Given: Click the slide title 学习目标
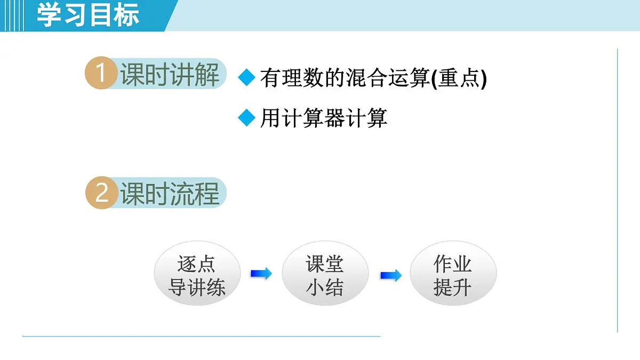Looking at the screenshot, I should tap(88, 15).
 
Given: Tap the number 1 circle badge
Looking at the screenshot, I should tap(101, 73).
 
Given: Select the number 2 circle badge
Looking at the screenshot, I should tap(101, 193).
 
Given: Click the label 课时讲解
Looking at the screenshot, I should tap(170, 74).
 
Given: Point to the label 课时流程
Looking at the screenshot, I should tap(170, 193).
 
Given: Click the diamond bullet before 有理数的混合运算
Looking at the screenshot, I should tap(246, 78).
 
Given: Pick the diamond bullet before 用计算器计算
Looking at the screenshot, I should tap(246, 117).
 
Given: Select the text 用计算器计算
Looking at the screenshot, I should tap(323, 118).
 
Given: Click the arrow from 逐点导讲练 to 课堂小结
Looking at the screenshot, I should tap(261, 274).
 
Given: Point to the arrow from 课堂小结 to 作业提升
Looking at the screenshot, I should tap(390, 276).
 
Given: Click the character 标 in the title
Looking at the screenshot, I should tap(126, 15).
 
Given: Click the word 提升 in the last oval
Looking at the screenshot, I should tap(453, 288).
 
